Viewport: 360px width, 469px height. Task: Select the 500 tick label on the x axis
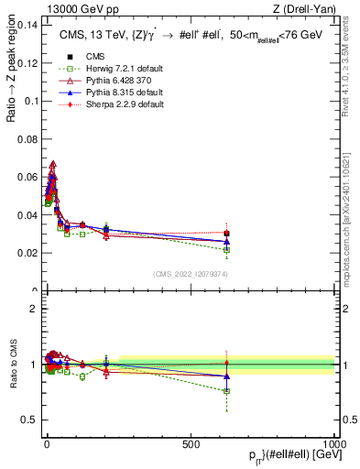tap(191, 443)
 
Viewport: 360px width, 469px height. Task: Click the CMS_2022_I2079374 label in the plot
tap(190, 273)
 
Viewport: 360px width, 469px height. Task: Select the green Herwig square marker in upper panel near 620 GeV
tap(226, 249)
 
